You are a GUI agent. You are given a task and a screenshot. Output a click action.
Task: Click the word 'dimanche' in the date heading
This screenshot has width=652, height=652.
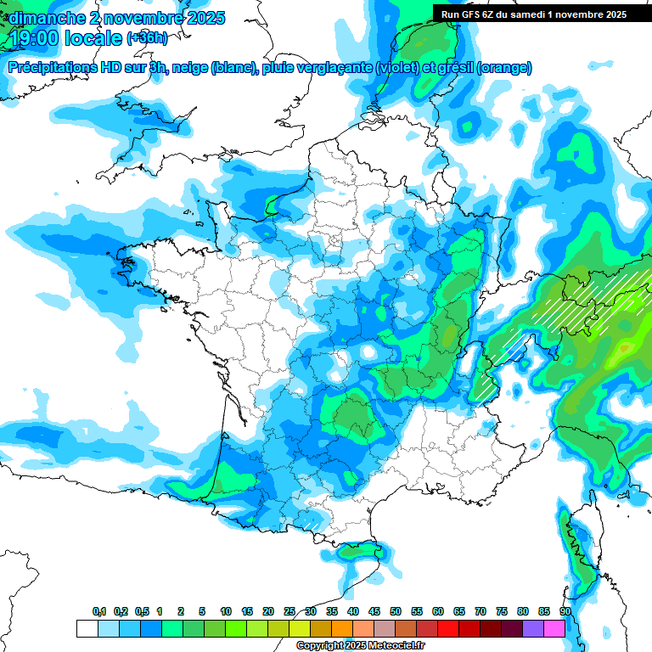click(x=43, y=17)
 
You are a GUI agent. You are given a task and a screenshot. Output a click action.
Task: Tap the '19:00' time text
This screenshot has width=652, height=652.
click(x=33, y=37)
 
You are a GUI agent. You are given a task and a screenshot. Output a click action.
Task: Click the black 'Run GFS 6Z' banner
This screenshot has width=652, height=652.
click(x=533, y=14)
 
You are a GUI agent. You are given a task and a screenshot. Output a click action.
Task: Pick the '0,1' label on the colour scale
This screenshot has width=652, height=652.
click(x=99, y=612)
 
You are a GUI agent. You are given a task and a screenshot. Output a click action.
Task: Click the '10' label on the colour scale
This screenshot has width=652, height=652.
click(x=226, y=612)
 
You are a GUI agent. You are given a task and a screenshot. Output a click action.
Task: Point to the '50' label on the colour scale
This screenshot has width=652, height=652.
click(x=396, y=612)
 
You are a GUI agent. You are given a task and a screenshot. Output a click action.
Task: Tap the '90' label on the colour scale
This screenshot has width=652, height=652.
click(x=565, y=612)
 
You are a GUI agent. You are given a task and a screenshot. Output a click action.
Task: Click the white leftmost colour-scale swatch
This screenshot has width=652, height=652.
click(x=87, y=628)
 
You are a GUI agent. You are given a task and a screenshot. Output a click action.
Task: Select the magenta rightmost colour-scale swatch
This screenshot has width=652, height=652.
click(x=554, y=628)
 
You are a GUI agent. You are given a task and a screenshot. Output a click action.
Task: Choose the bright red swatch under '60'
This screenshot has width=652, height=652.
click(x=448, y=628)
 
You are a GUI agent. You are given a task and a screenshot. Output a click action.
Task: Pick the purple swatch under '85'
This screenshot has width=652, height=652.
click(x=533, y=628)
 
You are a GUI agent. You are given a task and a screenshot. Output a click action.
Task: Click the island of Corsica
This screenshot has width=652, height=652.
click(x=582, y=552)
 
